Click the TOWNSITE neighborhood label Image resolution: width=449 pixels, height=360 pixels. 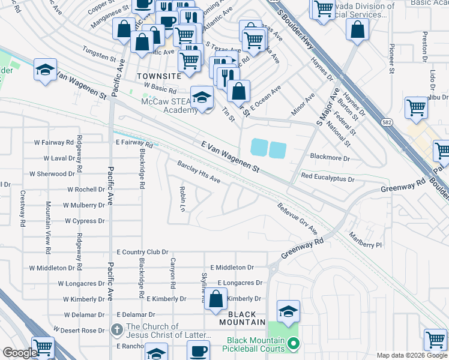coord(158,77)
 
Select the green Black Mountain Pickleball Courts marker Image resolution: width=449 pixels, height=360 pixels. coord(293,344)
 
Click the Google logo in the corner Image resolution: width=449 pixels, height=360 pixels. coord(19,353)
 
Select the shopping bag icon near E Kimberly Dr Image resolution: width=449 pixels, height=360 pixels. coord(216,299)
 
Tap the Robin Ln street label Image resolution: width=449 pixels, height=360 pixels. coord(182,199)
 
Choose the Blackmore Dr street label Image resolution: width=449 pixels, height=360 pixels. coord(330,157)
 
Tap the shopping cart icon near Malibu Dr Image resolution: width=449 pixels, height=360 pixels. coord(415,108)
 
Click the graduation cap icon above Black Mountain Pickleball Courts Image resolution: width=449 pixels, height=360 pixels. coord(289,311)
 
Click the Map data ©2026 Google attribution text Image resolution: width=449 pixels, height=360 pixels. coord(411,355)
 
